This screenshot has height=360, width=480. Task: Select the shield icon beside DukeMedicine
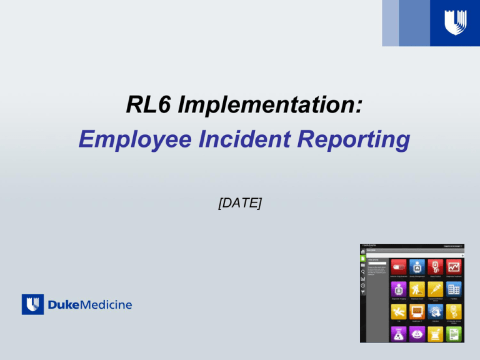click(32, 304)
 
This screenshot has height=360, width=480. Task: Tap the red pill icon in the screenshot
click(399, 267)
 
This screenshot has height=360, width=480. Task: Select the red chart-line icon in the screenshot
click(454, 267)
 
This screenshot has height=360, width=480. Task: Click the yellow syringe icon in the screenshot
click(436, 290)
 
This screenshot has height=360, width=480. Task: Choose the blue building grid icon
click(454, 290)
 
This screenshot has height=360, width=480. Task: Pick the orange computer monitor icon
click(417, 312)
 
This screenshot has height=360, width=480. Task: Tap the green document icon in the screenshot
click(454, 334)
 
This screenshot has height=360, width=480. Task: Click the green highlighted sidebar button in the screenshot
click(363, 257)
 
